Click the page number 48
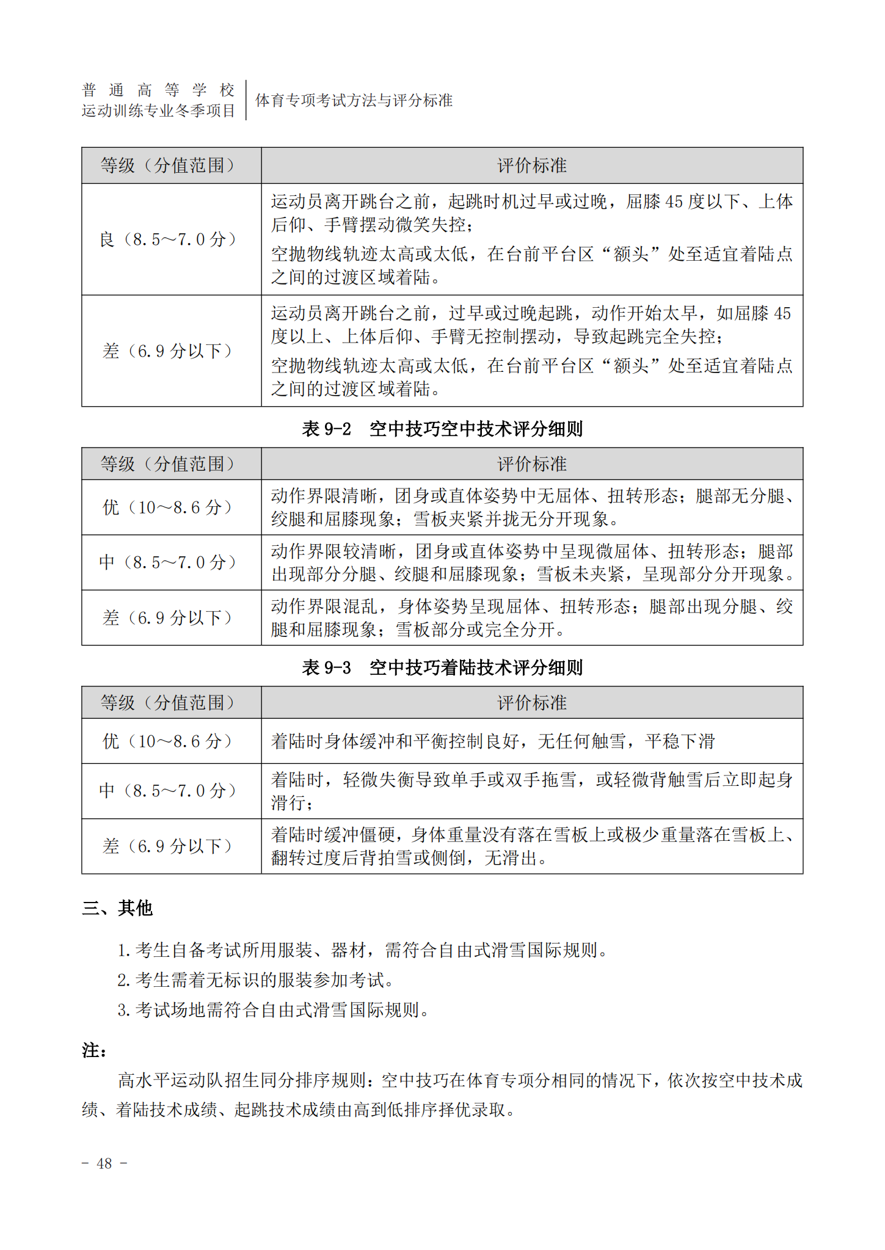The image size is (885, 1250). (104, 1163)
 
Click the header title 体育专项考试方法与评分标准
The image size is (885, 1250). (354, 100)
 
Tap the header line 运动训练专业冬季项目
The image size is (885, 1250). (158, 111)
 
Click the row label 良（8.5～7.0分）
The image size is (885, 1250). (169, 239)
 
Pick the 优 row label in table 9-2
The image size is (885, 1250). (169, 507)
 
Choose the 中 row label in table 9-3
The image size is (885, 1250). (169, 791)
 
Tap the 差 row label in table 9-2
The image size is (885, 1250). (169, 617)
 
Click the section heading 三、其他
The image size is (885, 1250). (117, 908)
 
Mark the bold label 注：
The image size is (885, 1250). (95, 1050)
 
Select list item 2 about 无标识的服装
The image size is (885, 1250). (257, 980)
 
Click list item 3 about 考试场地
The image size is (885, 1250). (274, 1009)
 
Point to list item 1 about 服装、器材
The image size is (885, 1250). (363, 950)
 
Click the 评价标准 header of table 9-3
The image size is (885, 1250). (531, 703)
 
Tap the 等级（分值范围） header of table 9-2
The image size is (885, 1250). (169, 464)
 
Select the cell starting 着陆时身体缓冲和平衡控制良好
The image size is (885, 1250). (493, 741)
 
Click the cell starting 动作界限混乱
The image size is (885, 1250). (531, 617)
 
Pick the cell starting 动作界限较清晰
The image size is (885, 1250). (531, 562)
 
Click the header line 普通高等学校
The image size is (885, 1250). (158, 90)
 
